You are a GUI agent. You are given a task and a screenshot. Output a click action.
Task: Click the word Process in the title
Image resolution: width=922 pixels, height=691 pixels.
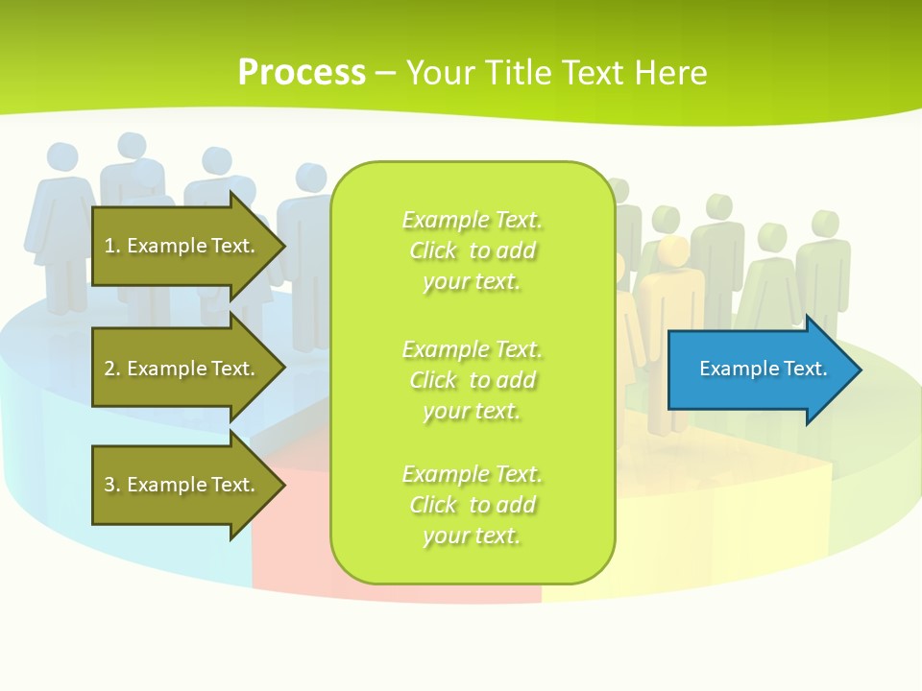[302, 73]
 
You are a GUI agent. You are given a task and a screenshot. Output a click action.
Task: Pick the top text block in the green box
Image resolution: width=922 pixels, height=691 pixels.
[472, 250]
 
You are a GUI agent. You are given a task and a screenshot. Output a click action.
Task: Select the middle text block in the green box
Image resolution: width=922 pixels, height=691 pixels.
[472, 380]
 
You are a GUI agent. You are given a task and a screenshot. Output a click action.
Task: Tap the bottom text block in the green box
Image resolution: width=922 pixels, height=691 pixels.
[472, 505]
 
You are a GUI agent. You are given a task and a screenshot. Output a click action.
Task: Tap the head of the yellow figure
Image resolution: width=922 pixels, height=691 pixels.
[673, 251]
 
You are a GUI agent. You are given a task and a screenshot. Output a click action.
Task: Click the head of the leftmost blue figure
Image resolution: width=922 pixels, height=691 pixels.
[61, 157]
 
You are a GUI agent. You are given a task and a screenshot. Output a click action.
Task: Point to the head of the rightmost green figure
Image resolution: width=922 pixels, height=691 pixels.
[824, 223]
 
